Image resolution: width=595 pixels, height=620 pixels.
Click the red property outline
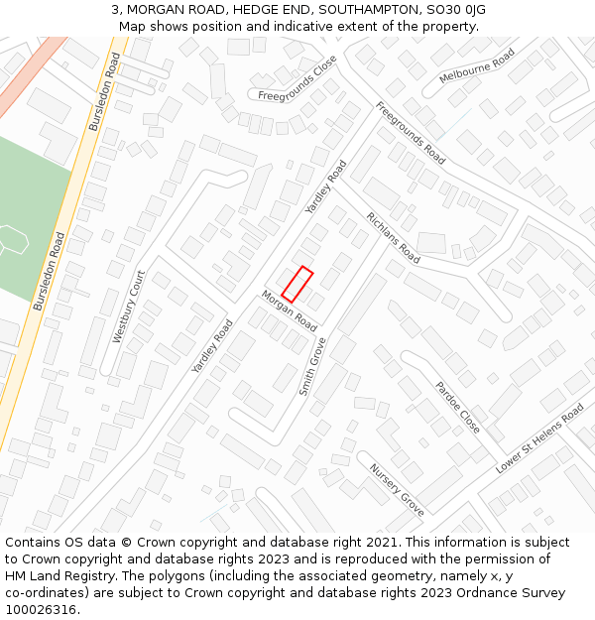tap(297, 284)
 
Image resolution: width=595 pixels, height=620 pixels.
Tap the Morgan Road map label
tap(289, 310)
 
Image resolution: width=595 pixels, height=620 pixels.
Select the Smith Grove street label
tap(313, 366)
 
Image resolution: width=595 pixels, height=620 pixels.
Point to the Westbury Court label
tap(129, 307)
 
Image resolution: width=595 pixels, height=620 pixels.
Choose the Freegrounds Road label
tap(410, 132)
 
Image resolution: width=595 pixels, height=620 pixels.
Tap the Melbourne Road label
tap(477, 67)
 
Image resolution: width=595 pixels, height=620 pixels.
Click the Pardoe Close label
tap(458, 406)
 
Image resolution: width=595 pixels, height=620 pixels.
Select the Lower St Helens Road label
tap(539, 437)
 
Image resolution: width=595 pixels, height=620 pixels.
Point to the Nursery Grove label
tap(397, 489)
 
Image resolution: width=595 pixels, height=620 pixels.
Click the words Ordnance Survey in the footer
tap(515, 592)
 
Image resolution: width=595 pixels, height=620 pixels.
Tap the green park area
tap(30, 218)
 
